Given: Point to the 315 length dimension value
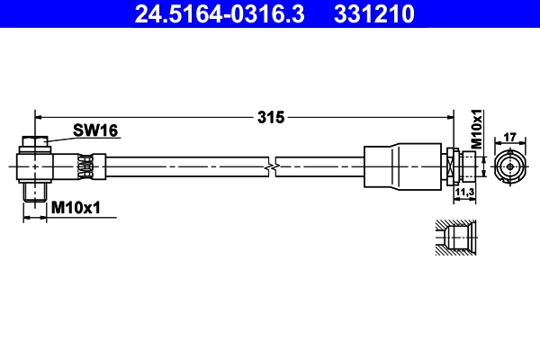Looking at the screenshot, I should (270, 116).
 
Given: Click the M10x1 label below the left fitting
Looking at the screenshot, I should (75, 208).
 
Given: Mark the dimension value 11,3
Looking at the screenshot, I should (465, 192).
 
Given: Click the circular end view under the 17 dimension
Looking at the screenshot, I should (508, 166).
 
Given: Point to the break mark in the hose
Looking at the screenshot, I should (271, 166).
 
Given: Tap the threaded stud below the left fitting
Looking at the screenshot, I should (34, 191).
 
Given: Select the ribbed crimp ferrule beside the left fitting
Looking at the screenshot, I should (86, 166).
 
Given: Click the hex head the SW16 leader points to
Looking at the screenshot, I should (33, 142).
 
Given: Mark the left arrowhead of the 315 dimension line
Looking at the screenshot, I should (39, 116).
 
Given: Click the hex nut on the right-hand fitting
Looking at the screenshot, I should (449, 166).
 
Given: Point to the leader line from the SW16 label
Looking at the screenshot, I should (59, 138).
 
